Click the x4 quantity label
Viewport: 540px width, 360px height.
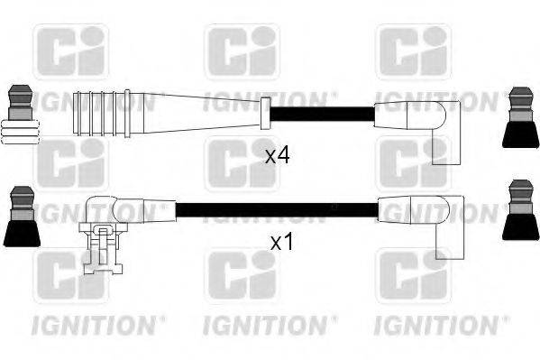point(277,156)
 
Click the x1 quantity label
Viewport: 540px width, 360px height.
point(281,242)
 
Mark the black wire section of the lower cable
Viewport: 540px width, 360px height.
point(275,211)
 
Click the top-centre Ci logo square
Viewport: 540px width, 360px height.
point(242,51)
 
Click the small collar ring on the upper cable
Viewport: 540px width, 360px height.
point(265,115)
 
